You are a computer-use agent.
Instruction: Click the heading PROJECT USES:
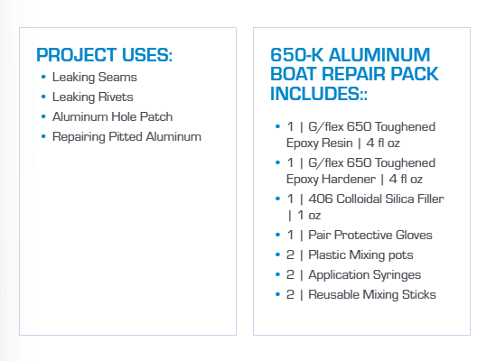coord(104,54)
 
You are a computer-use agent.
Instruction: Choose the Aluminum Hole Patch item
coord(113,117)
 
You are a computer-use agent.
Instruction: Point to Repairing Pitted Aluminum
coord(126,137)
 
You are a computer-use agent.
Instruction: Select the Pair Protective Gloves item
coord(372,236)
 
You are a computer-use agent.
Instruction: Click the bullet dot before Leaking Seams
coord(43,78)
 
